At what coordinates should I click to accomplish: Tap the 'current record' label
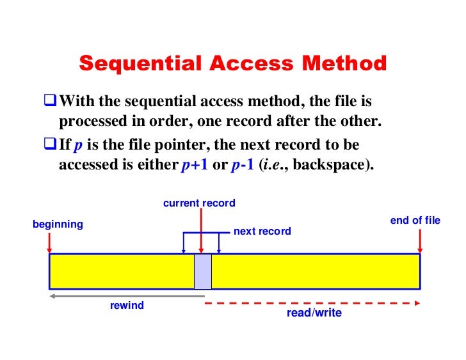pos(199,203)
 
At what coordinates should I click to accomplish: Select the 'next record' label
pos(262,231)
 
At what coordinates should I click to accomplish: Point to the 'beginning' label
pos(58,224)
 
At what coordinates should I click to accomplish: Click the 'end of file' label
pos(415,221)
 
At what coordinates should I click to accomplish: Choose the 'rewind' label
pos(127,306)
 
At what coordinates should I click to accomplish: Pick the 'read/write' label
pos(314,313)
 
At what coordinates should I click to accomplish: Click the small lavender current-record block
pos(203,272)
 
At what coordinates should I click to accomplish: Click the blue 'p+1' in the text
pos(195,164)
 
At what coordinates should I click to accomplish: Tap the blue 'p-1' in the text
pos(242,164)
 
